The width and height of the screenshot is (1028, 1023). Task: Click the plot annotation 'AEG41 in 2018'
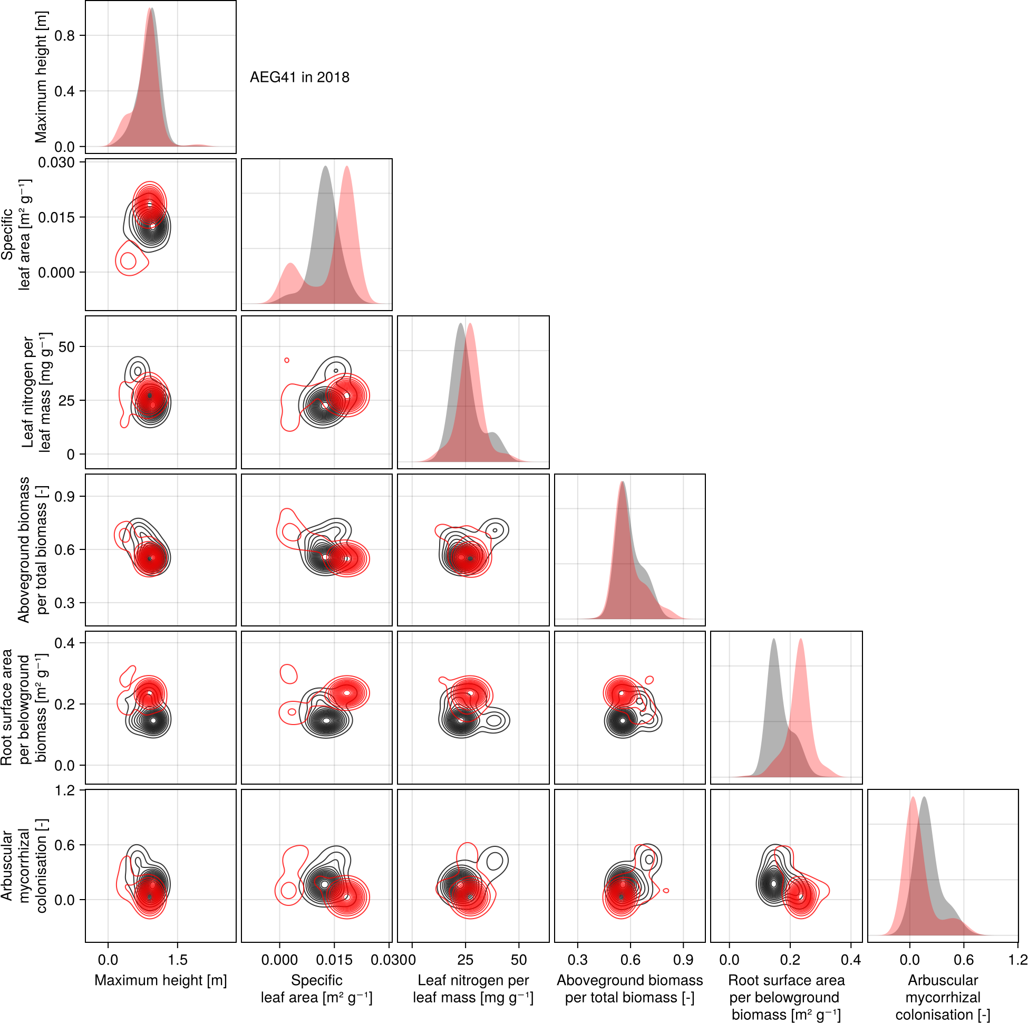pyautogui.click(x=299, y=78)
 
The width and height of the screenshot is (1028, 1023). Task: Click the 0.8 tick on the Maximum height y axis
pyautogui.click(x=64, y=36)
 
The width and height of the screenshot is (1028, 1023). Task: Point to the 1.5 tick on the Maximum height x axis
pyautogui.click(x=178, y=960)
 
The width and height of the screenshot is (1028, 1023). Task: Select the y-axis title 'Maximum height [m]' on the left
pyautogui.click(x=41, y=77)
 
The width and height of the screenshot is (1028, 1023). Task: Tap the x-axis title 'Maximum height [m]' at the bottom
pyautogui.click(x=161, y=980)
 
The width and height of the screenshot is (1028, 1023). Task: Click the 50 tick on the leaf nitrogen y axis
pyautogui.click(x=66, y=347)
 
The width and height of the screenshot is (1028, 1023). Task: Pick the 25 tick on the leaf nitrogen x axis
pyautogui.click(x=465, y=960)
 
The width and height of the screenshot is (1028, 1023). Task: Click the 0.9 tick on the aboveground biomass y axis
pyautogui.click(x=64, y=497)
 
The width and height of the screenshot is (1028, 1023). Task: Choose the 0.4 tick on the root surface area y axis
pyautogui.click(x=64, y=643)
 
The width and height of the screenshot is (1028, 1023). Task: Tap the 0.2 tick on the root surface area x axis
pyautogui.click(x=790, y=960)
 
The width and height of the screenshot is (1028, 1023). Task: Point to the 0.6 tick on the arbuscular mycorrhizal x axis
pyautogui.click(x=964, y=960)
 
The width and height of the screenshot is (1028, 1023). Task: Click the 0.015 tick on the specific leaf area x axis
pyautogui.click(x=334, y=960)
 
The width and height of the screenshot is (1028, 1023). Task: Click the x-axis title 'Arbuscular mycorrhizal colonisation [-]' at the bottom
pyautogui.click(x=943, y=998)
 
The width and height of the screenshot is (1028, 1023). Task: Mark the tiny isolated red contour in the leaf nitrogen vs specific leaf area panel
pyautogui.click(x=287, y=360)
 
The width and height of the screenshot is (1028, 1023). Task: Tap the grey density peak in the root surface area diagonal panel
pyautogui.click(x=774, y=640)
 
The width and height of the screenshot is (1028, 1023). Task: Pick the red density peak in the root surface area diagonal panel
pyautogui.click(x=800, y=640)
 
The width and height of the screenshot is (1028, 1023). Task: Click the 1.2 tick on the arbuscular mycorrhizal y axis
pyautogui.click(x=64, y=790)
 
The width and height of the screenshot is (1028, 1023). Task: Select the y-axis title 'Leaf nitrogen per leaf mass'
pyautogui.click(x=37, y=392)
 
